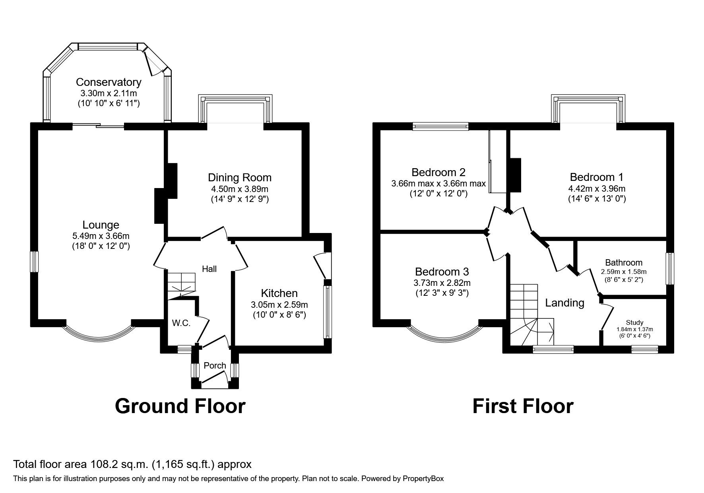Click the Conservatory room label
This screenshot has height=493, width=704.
(109, 82)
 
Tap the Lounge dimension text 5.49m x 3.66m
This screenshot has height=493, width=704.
(101, 236)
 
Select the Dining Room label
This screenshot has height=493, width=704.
(239, 178)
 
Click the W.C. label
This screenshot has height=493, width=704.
(181, 323)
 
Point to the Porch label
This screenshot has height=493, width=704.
(215, 365)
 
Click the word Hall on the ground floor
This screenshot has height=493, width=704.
(209, 269)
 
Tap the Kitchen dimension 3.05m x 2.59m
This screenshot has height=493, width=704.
(279, 305)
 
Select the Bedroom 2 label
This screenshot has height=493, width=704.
(438, 173)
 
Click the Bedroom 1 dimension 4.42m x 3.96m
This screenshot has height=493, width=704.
(597, 188)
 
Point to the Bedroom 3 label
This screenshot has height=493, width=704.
(442, 272)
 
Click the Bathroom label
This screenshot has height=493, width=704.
(623, 262)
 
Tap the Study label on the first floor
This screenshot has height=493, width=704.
(634, 322)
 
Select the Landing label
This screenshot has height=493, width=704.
(564, 303)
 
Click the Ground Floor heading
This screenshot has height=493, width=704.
(180, 406)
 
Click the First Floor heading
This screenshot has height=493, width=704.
(523, 406)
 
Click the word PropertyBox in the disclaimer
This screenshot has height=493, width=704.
(423, 479)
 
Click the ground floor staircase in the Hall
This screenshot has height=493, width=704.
(181, 283)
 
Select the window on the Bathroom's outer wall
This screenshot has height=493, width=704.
(670, 268)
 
